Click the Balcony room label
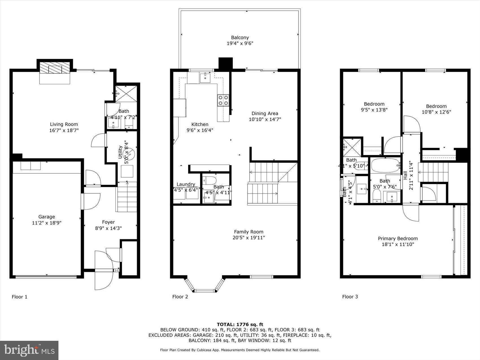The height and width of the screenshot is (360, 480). coord(240,38)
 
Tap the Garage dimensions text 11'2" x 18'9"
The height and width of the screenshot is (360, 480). coord(47,223)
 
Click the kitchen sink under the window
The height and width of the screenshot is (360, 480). coord(205,77)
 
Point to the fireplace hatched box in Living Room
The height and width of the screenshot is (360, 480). coord(54,68)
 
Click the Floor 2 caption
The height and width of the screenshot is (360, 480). coord(180,296)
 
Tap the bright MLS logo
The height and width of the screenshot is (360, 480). coord(29,350)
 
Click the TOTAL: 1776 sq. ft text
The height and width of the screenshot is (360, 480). coord(240,324)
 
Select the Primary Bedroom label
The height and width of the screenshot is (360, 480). coord(398,238)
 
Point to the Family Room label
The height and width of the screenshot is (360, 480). coord(248,232)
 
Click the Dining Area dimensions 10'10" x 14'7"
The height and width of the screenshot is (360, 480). coord(265,119)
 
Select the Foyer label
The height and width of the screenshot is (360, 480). coord(108,222)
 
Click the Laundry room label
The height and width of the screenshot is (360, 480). coord(186,184)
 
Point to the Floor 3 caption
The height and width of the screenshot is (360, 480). coord(350,296)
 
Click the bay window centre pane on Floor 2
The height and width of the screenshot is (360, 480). coord(205,291)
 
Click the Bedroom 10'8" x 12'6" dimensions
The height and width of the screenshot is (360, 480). coord(436,112)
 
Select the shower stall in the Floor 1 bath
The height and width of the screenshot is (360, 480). coord(126,93)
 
